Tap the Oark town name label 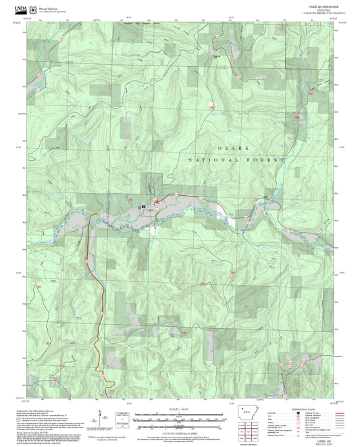point(148,209)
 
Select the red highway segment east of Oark point(189,196)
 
